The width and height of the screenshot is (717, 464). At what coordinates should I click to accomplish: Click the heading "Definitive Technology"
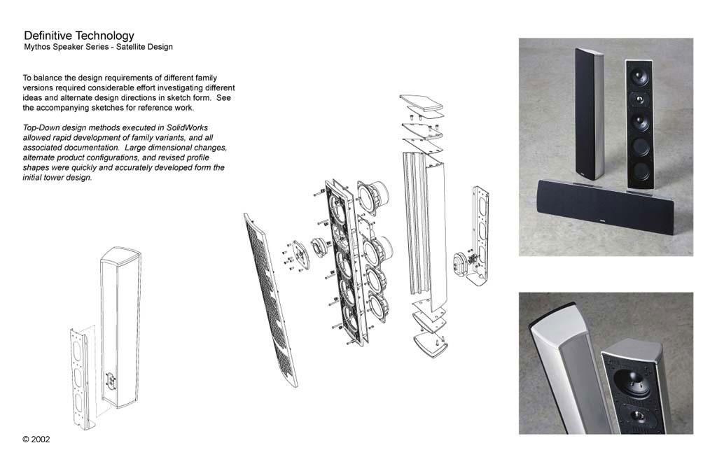tap(79, 36)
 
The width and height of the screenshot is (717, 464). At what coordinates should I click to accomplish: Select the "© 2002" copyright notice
tap(36, 440)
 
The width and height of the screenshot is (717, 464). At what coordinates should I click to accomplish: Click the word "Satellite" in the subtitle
tap(130, 47)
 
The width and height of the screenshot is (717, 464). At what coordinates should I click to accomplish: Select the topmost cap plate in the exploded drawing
tap(422, 102)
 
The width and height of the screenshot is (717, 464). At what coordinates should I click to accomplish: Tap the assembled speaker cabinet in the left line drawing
tap(120, 328)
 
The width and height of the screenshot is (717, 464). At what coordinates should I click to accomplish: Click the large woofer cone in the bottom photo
tap(631, 383)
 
